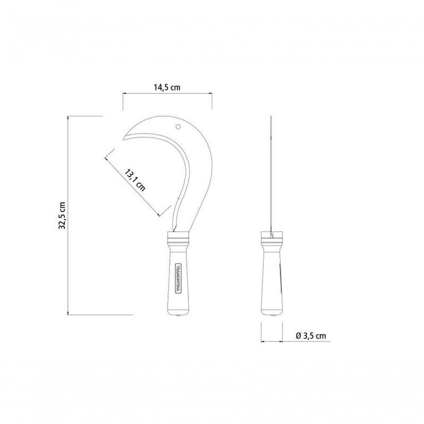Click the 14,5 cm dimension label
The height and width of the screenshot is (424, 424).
167,87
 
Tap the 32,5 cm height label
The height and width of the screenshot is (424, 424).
62,215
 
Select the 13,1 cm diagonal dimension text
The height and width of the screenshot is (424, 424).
135,180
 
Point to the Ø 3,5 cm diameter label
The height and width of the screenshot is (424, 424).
311,336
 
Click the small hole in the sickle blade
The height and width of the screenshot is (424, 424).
178,127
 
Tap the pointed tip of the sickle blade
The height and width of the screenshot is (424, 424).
123,139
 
